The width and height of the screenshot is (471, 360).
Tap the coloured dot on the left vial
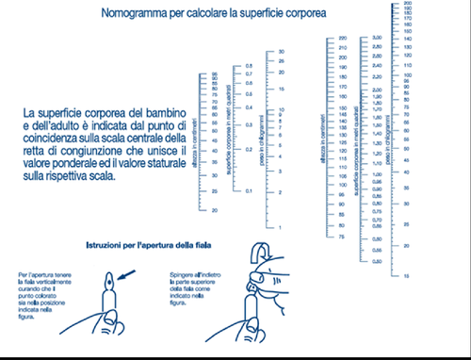pyautogui.click(x=108, y=282)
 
